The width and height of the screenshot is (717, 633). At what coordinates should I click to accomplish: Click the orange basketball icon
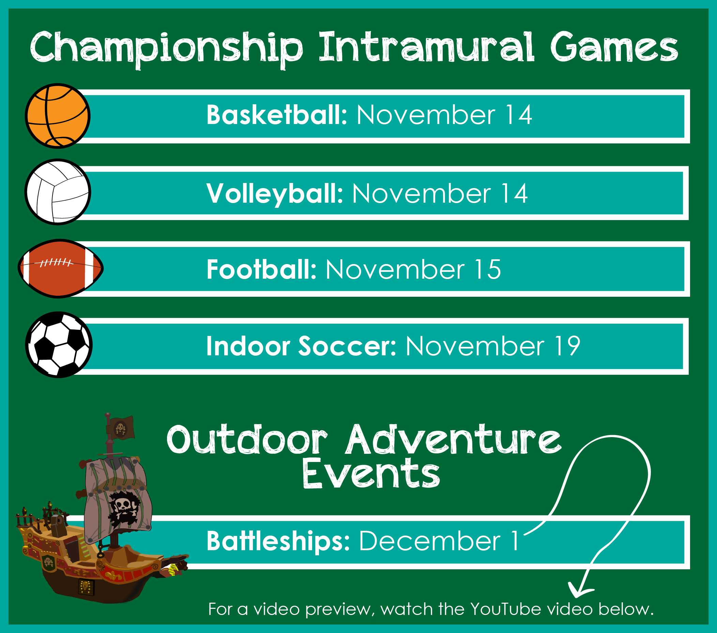[58, 116]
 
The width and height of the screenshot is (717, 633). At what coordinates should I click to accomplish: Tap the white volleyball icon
[58, 192]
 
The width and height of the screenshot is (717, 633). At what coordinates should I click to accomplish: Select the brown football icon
[61, 268]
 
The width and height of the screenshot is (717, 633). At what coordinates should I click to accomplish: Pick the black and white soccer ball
[59, 345]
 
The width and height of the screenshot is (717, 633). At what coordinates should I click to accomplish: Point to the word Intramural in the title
[426, 47]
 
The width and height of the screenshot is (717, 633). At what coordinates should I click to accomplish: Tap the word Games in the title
[614, 47]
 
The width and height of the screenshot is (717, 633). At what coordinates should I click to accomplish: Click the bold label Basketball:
[277, 115]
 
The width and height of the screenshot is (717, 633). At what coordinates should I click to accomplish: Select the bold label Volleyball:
[275, 194]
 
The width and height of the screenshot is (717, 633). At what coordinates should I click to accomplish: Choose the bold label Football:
[262, 269]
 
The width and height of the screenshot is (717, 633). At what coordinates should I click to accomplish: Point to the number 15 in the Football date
[488, 269]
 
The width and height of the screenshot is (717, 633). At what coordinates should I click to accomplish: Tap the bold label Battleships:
[278, 541]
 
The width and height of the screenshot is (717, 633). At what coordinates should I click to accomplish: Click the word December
[430, 541]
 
